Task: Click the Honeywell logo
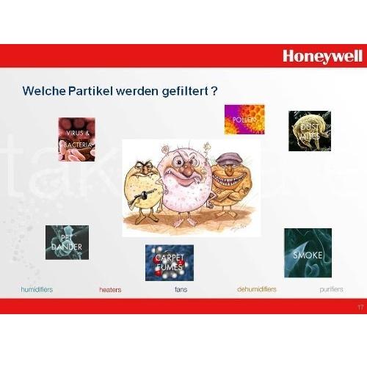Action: [321, 55]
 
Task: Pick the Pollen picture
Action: [244, 120]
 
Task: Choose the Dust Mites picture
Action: [309, 131]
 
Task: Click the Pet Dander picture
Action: [67, 242]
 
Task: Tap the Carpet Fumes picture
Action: [169, 262]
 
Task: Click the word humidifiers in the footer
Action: [37, 290]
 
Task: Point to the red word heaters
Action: [110, 290]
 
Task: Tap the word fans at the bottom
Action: [181, 290]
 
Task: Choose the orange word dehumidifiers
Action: [256, 290]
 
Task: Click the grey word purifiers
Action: [331, 290]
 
